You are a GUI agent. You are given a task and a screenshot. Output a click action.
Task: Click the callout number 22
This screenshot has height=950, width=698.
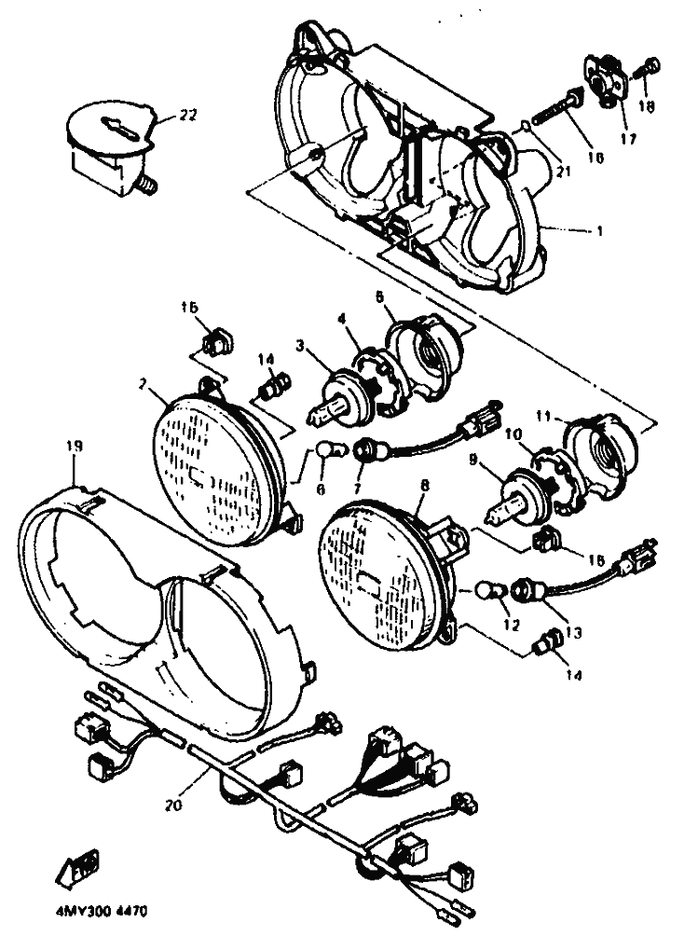click(188, 116)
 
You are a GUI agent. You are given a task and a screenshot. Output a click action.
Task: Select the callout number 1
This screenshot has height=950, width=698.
click(600, 229)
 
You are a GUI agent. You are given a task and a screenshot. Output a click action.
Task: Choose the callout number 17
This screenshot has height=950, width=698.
click(628, 140)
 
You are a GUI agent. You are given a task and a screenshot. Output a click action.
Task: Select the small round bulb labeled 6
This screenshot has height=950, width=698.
click(322, 451)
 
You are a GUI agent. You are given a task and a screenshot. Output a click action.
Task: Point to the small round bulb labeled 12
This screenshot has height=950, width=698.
click(486, 590)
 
